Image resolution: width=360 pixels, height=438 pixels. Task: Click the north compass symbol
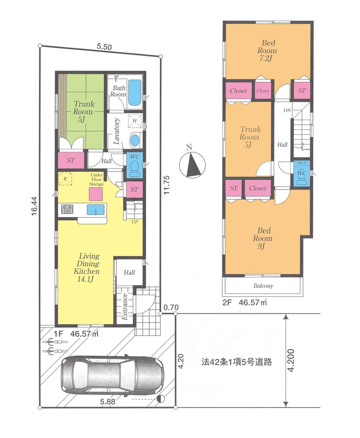tap(192, 164)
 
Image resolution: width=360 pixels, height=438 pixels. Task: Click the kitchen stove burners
tap(67, 209)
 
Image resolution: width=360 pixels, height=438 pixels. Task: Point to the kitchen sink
tap(95, 209)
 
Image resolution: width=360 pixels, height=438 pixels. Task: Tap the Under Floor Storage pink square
tap(96, 194)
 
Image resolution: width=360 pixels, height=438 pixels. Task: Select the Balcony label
tap(263, 286)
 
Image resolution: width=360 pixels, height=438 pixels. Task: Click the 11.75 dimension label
tap(166, 185)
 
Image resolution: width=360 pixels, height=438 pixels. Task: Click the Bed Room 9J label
tap(262, 238)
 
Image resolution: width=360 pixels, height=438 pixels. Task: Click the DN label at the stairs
tap(287, 110)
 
